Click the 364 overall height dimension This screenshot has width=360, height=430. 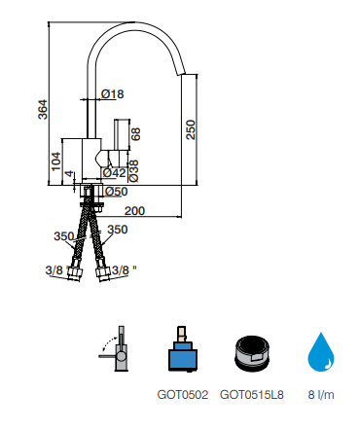coord(43,110)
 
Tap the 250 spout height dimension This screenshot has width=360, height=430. coord(191,129)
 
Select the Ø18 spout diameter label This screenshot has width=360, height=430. coord(113,94)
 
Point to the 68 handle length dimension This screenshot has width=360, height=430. coord(135,134)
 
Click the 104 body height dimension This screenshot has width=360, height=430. coord(55,161)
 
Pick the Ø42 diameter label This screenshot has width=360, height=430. coord(114,173)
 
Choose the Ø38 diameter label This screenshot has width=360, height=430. coord(133,171)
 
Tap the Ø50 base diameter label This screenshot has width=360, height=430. coord(117,192)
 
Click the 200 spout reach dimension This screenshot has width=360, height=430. coord(134,211)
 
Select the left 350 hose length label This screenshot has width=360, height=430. coord(64,236)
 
